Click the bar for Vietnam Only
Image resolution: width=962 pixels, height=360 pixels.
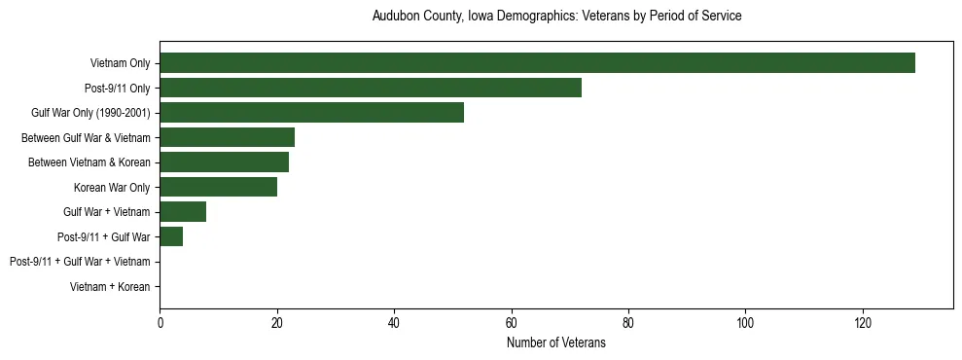click(537, 63)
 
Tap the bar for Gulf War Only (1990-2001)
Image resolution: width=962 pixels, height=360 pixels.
click(311, 113)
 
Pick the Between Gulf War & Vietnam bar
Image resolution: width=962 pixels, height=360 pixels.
click(227, 137)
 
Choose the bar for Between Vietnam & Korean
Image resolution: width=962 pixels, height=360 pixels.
click(224, 162)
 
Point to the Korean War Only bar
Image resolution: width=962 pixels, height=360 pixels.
click(218, 187)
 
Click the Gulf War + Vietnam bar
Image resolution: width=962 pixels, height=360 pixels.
click(183, 212)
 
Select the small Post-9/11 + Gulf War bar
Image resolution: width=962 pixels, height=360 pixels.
click(171, 236)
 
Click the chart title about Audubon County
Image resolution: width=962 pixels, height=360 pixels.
click(556, 17)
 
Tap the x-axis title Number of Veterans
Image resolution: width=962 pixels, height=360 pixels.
click(556, 342)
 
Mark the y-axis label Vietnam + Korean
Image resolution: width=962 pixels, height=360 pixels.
click(110, 287)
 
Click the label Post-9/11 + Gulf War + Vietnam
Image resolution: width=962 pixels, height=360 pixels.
click(80, 262)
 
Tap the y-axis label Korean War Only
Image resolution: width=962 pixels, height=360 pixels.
click(112, 188)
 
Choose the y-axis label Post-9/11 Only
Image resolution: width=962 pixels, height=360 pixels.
click(117, 89)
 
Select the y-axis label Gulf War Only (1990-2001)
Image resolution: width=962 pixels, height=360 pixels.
click(90, 113)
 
